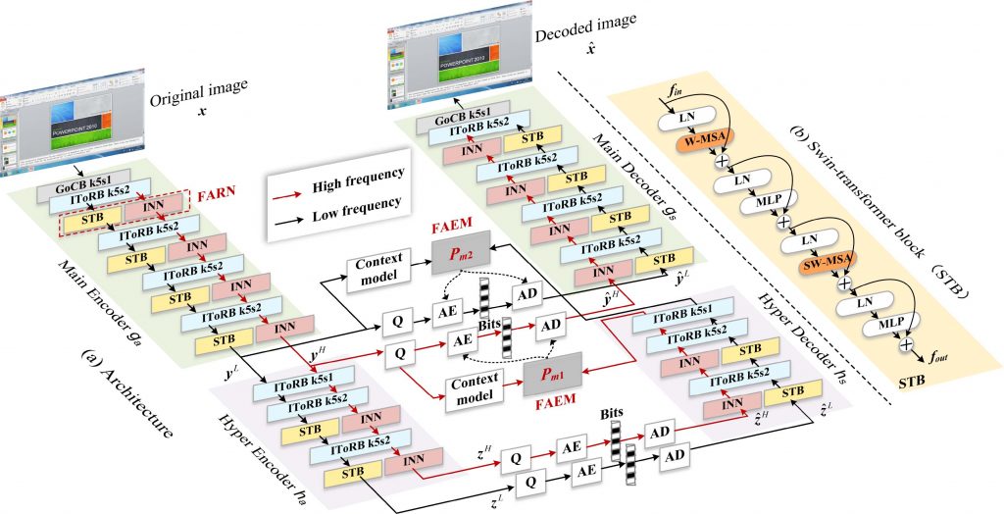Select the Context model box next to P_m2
374,268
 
